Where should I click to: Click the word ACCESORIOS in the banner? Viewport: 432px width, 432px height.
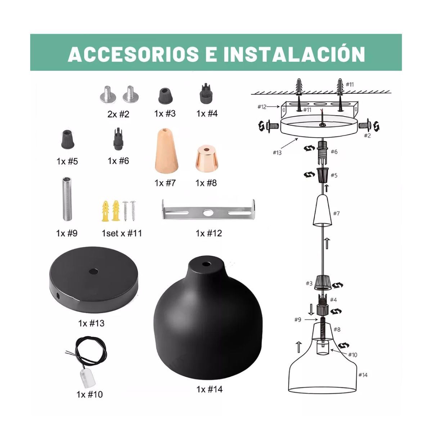coord(133,54)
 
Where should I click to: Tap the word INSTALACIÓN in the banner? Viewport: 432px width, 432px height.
coord(294,54)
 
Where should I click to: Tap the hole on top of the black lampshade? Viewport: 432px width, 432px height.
coord(206,264)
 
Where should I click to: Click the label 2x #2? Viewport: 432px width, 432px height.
coord(118,114)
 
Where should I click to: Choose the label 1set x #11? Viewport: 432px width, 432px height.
coord(122,233)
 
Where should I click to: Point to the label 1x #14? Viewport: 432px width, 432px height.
coord(209,389)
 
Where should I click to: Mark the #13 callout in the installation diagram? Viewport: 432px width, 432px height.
coord(277,153)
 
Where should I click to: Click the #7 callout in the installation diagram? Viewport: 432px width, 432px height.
coord(336,213)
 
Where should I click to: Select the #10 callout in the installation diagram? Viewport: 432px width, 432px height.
coord(352,355)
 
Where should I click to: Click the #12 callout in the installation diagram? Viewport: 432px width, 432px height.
coord(262,107)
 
